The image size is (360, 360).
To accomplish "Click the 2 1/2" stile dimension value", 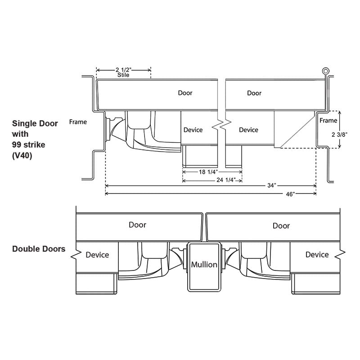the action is (123, 70).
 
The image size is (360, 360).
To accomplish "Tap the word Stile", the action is (123, 75).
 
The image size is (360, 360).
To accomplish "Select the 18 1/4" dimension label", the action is (208, 172).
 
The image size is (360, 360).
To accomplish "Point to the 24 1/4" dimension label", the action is (226, 180).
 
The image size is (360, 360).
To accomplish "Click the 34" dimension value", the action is (272, 185).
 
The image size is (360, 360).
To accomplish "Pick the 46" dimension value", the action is (290, 194).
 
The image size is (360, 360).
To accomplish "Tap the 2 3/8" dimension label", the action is (339, 135).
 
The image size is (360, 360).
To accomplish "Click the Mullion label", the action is (204, 265).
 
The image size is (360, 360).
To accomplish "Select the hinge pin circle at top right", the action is (325, 71).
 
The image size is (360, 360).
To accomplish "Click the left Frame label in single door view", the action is (78, 122).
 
